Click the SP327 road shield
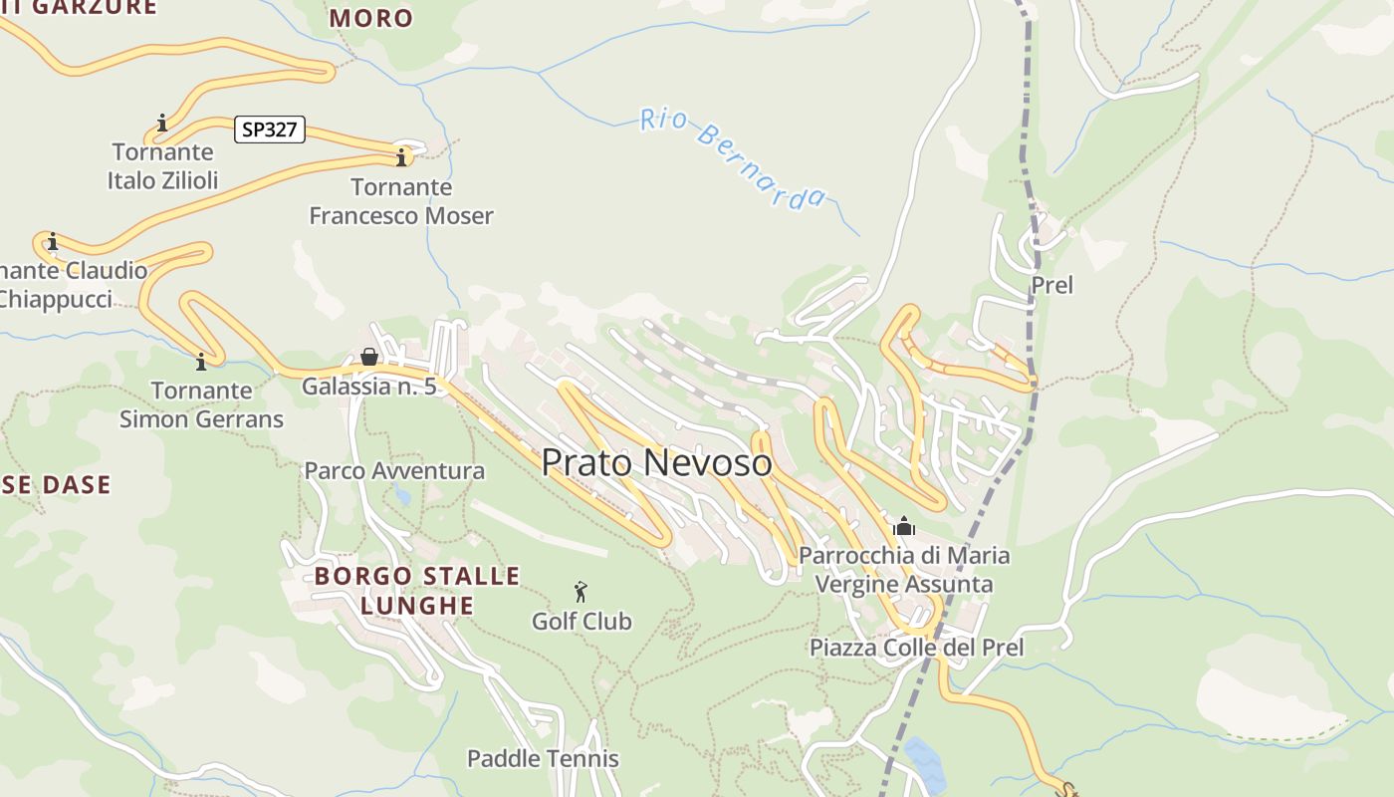coord(270,130)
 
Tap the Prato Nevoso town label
coord(656,462)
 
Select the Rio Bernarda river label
coord(733,159)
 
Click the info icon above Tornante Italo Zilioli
coord(162,124)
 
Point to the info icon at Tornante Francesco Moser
coord(401,157)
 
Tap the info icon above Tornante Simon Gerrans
coord(201,362)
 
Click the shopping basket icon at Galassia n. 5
coord(369,357)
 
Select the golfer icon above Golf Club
coord(581,592)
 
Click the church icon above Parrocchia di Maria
coord(904,526)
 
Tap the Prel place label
coord(1051,285)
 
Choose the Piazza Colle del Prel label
coord(916,648)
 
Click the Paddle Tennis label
coord(543,758)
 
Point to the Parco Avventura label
coord(394,470)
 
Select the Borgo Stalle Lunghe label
coord(417,590)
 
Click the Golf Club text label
coord(581,622)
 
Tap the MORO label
coord(370,17)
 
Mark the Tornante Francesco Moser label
coord(401,201)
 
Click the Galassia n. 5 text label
coord(369,387)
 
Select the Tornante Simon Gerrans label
coord(201,404)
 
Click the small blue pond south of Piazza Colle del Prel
coord(925,762)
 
